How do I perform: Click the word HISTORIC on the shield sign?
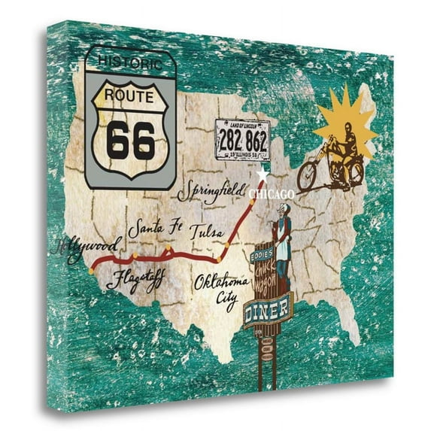tap(130, 60)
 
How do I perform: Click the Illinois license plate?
tap(241, 140)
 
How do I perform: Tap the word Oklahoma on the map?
tap(221, 284)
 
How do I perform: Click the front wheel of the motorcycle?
tap(307, 177)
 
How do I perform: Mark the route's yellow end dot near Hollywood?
tap(90, 268)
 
